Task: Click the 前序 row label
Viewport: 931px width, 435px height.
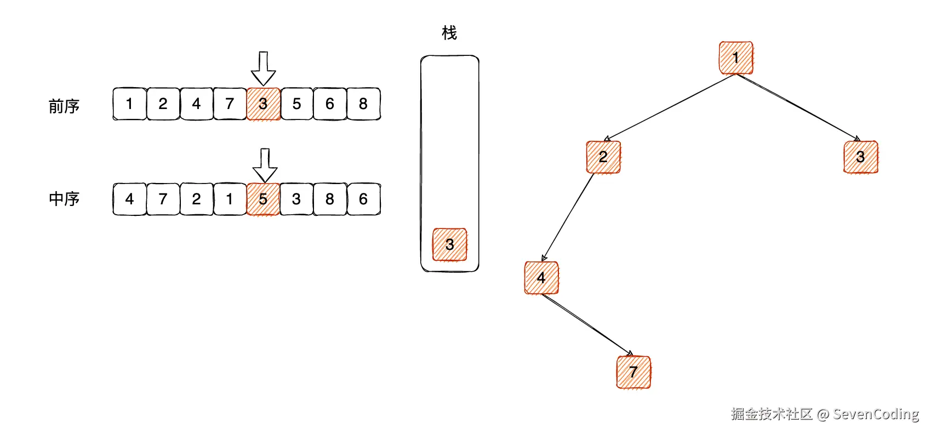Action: coord(64,106)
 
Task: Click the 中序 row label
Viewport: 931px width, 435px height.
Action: coord(64,198)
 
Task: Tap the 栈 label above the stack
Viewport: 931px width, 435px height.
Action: coord(449,33)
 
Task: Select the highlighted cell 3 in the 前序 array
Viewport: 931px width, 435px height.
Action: coord(263,104)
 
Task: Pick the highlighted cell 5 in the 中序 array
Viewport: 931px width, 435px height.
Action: coord(263,199)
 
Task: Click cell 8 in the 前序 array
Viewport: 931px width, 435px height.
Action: coord(363,104)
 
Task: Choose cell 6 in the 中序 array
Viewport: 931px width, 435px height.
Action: coord(363,199)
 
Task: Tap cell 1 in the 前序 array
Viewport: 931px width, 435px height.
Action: coord(129,104)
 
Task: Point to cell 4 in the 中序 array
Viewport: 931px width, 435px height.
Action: coord(129,199)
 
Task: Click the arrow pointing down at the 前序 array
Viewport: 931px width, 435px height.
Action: coord(263,68)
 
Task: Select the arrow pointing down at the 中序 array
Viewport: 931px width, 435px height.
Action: coord(265,165)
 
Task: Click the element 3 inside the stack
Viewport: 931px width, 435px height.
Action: coord(449,244)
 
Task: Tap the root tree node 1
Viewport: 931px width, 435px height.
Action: coord(735,58)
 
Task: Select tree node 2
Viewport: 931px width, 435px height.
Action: coord(603,157)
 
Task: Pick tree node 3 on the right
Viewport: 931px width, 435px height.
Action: coord(860,157)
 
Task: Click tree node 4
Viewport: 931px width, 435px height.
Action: coord(541,278)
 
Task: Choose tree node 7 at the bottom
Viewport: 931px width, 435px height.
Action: coord(633,372)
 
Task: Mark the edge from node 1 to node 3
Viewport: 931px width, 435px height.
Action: coord(798,107)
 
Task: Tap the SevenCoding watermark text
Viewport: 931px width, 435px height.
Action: coord(876,414)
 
